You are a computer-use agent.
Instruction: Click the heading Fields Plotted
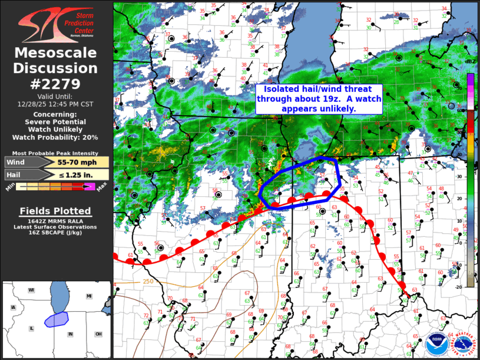(x=55, y=211)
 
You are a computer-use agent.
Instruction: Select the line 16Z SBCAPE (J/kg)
(x=55, y=233)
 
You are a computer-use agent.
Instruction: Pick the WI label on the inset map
(x=31, y=290)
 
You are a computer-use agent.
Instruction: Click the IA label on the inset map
(x=13, y=308)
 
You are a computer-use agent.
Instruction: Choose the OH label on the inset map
(x=98, y=334)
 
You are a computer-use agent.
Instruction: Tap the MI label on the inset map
(x=89, y=296)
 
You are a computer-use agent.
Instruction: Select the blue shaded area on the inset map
(x=57, y=319)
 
